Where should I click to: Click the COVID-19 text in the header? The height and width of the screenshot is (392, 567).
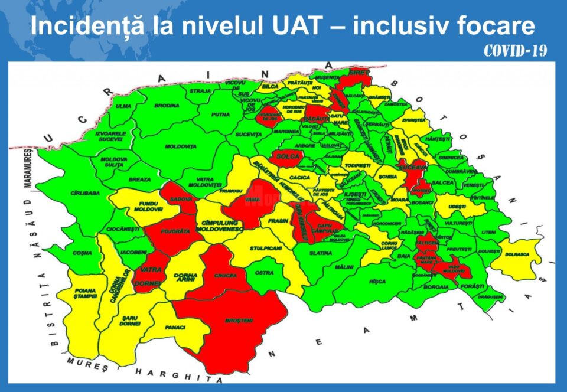coord(515,51)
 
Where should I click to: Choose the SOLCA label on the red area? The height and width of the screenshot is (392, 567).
coord(287,158)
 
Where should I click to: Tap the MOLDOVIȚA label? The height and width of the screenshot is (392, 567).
coord(181,146)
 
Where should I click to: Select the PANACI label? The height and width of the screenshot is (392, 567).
coord(175,327)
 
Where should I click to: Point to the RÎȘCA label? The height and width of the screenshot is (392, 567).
coord(377,282)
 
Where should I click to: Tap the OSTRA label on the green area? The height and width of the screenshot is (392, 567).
coord(264,273)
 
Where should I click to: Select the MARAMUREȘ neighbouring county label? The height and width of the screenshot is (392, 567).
coord(26,168)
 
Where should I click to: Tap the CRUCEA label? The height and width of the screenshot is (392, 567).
coord(226,275)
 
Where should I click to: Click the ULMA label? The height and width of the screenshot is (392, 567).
coord(123,107)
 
